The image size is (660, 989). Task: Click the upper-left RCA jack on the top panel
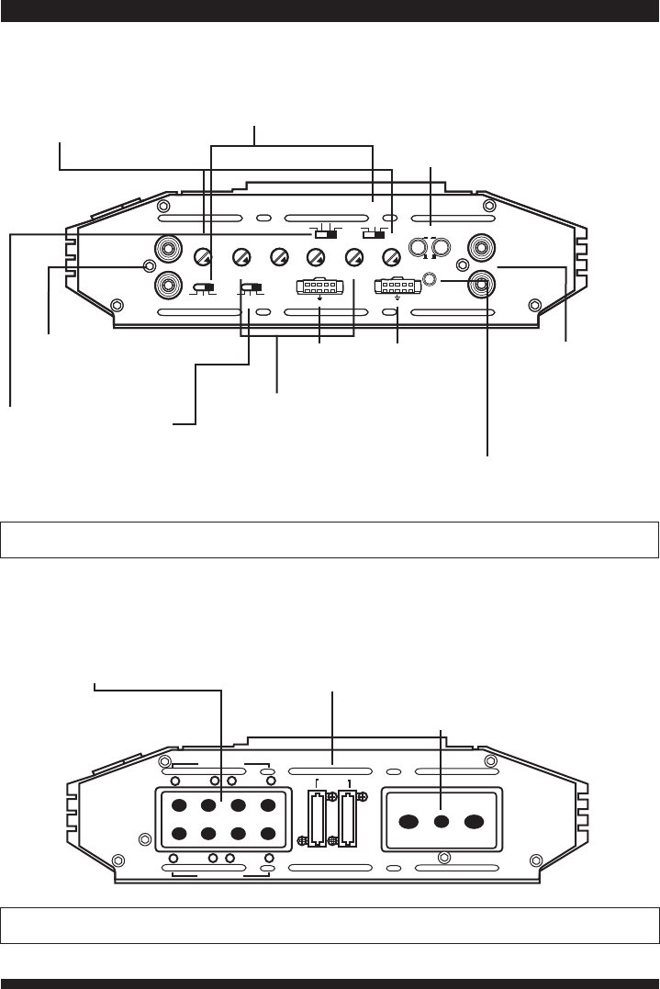click(x=168, y=248)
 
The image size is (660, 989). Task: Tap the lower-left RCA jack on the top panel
click(x=168, y=285)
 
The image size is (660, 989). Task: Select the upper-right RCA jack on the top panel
click(x=480, y=248)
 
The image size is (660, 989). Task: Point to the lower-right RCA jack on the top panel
click(x=480, y=285)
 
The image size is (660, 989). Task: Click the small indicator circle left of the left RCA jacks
click(x=149, y=266)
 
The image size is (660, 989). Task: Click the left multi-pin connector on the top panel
click(x=319, y=287)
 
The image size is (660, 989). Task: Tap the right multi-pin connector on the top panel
click(x=397, y=287)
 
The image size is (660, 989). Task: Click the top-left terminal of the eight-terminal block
click(x=178, y=805)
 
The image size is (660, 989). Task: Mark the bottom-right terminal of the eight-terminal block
click(x=267, y=836)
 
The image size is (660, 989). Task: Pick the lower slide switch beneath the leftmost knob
click(x=207, y=288)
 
